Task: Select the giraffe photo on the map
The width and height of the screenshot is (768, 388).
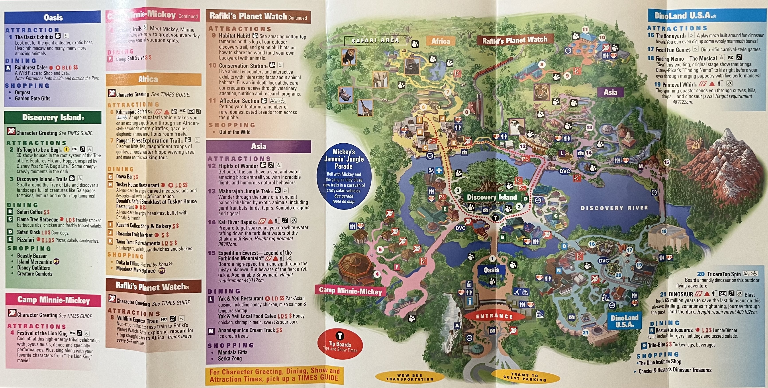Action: click(x=365, y=108)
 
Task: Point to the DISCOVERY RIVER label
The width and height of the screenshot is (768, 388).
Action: click(x=614, y=208)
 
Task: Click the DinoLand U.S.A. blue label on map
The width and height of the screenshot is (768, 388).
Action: click(x=624, y=321)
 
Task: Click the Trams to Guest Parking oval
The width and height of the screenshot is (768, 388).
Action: click(x=525, y=377)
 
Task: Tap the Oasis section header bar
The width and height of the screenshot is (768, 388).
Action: click(x=53, y=17)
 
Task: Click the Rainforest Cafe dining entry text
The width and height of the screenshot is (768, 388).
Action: click(x=31, y=67)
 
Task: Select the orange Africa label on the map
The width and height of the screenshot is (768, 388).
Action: click(x=440, y=41)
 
